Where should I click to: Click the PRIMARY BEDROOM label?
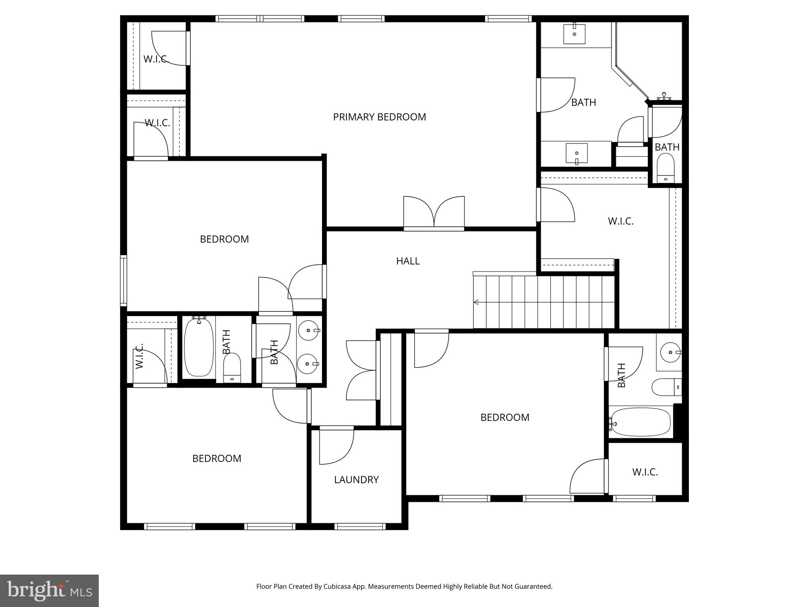pyautogui.click(x=379, y=117)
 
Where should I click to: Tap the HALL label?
pyautogui.click(x=408, y=261)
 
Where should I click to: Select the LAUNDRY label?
pyautogui.click(x=356, y=480)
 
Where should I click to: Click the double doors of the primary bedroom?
pyautogui.click(x=434, y=213)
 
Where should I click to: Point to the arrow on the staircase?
pyautogui.click(x=476, y=302)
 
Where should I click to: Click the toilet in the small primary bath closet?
pyautogui.click(x=666, y=166)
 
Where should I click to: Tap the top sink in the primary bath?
pyautogui.click(x=574, y=34)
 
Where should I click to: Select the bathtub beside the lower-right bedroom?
pyautogui.click(x=640, y=422)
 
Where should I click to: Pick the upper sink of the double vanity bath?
pyautogui.click(x=308, y=330)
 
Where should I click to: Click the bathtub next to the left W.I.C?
pyautogui.click(x=199, y=347)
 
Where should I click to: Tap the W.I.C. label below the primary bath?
pyautogui.click(x=621, y=221)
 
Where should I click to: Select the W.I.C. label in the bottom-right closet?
pyautogui.click(x=645, y=472)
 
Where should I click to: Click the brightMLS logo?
pyautogui.click(x=49, y=590)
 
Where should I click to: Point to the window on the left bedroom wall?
pyautogui.click(x=124, y=281)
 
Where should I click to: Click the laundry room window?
pyautogui.click(x=360, y=526)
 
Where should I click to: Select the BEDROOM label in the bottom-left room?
pyautogui.click(x=216, y=458)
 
